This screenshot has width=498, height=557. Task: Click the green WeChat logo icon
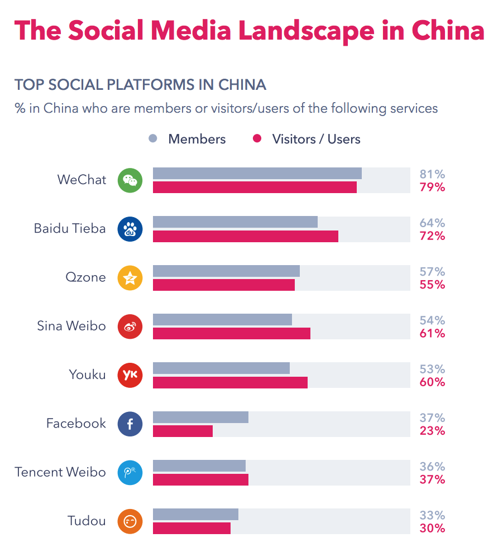coord(130,180)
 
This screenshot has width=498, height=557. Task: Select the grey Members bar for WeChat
coord(257,174)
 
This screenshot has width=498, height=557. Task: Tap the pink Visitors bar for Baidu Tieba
coord(245,236)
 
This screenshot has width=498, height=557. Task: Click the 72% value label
coord(432,236)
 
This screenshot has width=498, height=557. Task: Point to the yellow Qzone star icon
coord(130,278)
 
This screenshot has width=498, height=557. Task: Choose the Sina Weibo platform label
coord(71,326)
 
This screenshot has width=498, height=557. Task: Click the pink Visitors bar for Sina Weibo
coord(231,333)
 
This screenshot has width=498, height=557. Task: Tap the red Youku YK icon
coord(130,375)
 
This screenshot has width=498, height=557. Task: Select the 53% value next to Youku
coord(432,369)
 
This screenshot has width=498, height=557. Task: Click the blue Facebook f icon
coord(130,424)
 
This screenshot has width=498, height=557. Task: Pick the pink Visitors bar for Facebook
coord(183,431)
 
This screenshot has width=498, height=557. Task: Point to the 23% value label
coord(432,431)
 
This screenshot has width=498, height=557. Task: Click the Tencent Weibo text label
coord(60,472)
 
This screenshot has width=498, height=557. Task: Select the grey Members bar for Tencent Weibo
coord(199,465)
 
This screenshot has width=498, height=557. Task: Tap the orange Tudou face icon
coord(130,522)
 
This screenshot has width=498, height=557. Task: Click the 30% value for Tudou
coord(432,529)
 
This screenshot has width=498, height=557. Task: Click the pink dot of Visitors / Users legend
coord(257,138)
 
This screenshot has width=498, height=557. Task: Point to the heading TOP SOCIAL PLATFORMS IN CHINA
coord(140,85)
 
